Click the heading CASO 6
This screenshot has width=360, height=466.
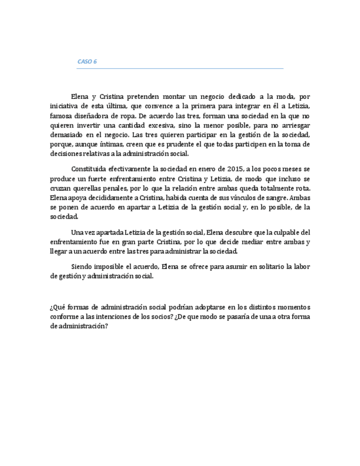tap(87, 62)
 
